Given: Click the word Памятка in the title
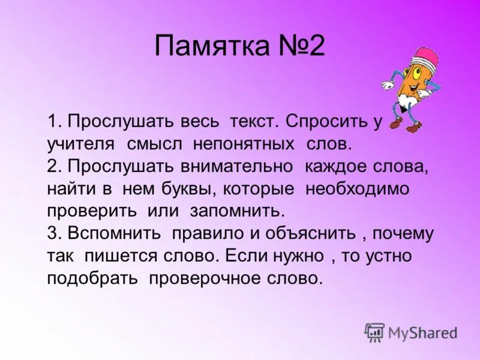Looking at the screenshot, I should [x=211, y=46].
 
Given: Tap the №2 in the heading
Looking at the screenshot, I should [x=299, y=46].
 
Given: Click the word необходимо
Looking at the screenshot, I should [x=357, y=189].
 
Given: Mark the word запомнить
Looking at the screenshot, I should [x=236, y=211].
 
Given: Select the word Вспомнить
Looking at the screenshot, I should [x=113, y=233].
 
